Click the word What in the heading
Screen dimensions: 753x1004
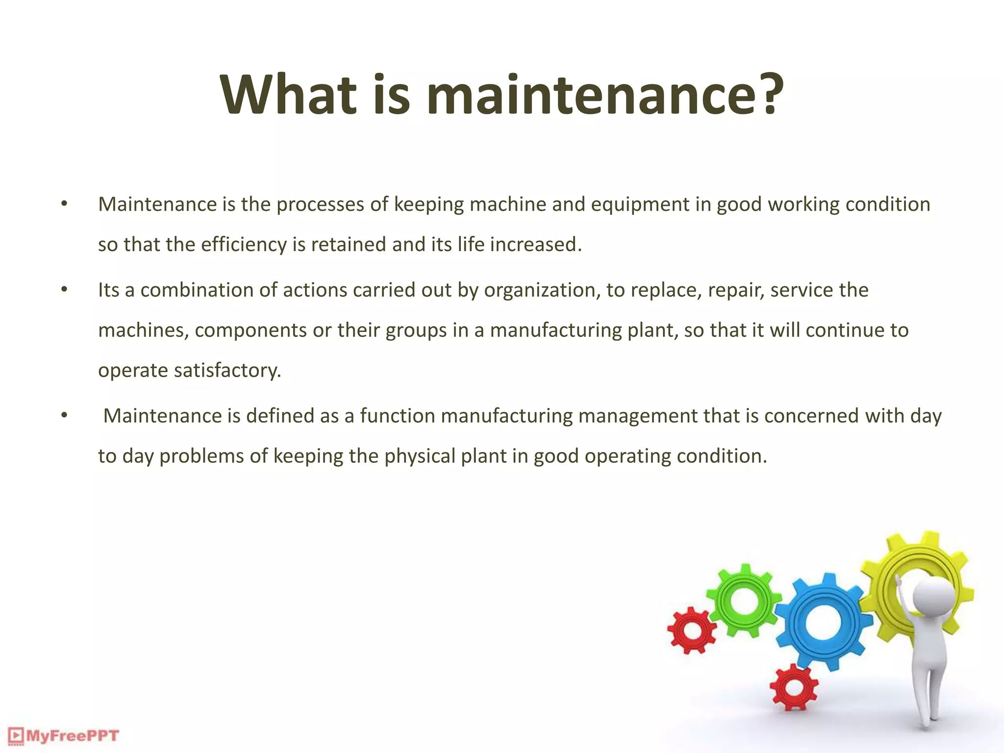[x=288, y=94]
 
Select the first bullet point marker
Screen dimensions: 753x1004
[x=64, y=203]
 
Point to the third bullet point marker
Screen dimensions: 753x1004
[x=64, y=415]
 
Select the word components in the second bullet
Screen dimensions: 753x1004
[x=251, y=330]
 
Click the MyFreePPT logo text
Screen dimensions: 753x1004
[x=72, y=736]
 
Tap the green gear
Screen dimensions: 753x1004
[x=744, y=601]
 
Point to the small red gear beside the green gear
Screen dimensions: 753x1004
[x=691, y=630]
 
